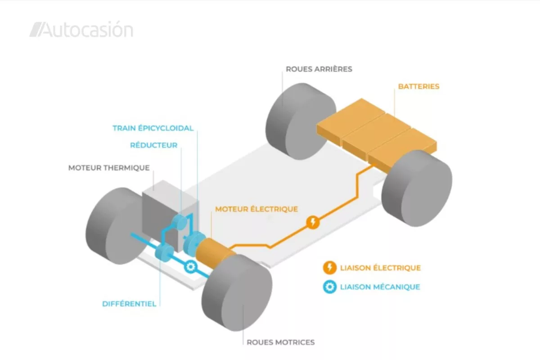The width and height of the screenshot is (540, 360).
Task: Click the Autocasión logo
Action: pyautogui.click(x=81, y=29)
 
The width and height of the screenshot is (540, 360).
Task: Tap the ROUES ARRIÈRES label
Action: pyautogui.click(x=319, y=69)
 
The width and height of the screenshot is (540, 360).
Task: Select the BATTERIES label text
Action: pyautogui.click(x=419, y=86)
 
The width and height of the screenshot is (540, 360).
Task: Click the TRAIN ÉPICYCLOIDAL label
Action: pyautogui.click(x=153, y=128)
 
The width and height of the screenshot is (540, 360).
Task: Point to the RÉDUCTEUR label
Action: pyautogui.click(x=154, y=145)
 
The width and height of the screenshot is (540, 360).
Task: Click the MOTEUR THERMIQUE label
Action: pyautogui.click(x=109, y=168)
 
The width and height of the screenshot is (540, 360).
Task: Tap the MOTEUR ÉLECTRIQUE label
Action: pyautogui.click(x=256, y=209)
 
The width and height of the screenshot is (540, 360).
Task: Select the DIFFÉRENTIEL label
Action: pyautogui.click(x=129, y=304)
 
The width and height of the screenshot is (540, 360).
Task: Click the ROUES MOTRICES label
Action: pyautogui.click(x=281, y=342)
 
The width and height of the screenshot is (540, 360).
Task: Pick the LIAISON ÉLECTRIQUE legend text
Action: pyautogui.click(x=380, y=268)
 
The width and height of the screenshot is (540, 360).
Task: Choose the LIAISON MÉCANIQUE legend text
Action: pyautogui.click(x=380, y=287)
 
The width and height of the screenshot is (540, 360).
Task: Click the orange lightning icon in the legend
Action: pyautogui.click(x=330, y=268)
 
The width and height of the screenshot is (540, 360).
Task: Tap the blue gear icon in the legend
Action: pyautogui.click(x=330, y=287)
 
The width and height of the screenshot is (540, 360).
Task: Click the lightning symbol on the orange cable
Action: pyautogui.click(x=313, y=222)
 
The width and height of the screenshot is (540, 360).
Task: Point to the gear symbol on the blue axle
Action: pyautogui.click(x=191, y=267)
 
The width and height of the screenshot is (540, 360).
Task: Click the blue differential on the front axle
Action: pyautogui.click(x=164, y=252)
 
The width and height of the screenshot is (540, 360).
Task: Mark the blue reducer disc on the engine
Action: pyautogui.click(x=180, y=222)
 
